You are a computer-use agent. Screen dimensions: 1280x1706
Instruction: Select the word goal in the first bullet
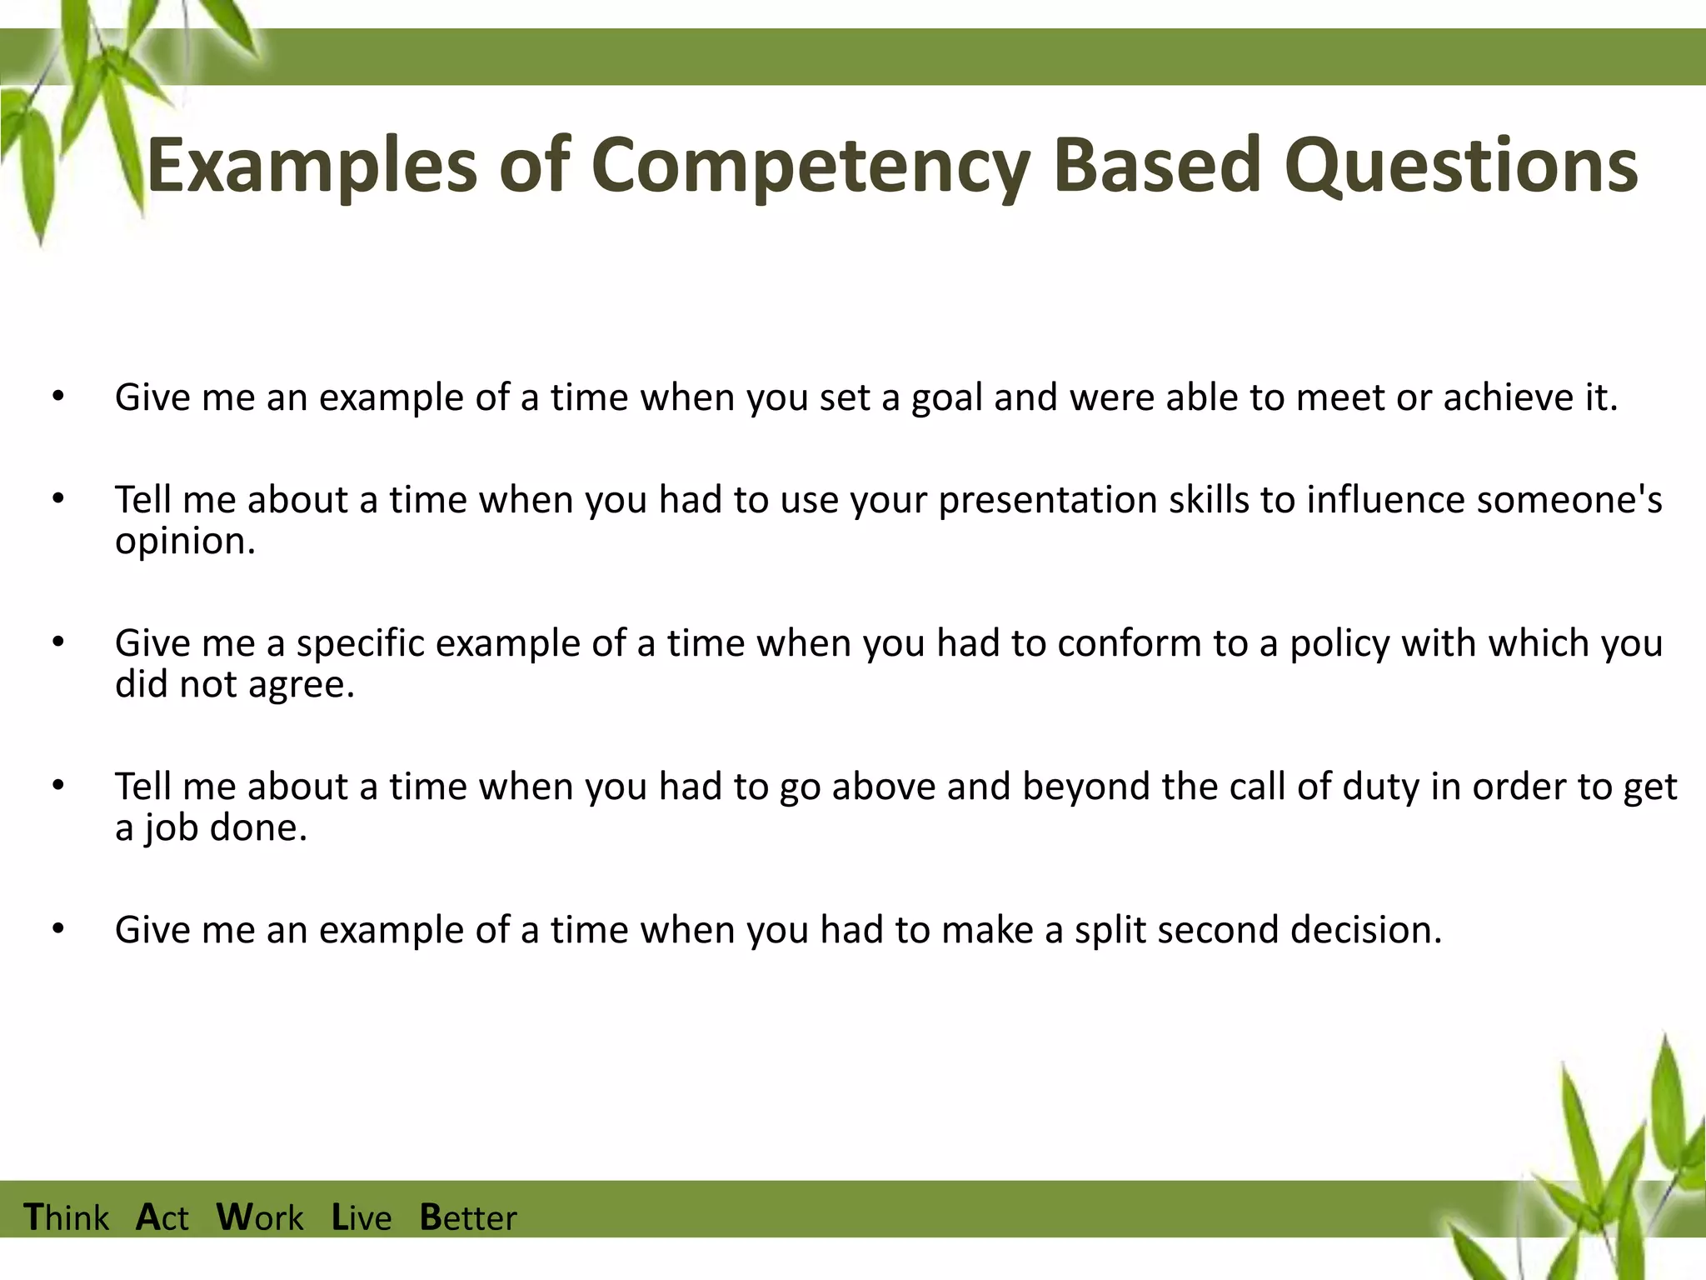(947, 398)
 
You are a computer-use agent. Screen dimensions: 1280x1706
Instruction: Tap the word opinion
(184, 542)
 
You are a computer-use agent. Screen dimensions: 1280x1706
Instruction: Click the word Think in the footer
(67, 1217)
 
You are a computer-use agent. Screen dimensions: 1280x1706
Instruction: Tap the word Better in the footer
(468, 1217)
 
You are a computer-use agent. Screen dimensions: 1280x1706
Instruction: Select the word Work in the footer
(260, 1217)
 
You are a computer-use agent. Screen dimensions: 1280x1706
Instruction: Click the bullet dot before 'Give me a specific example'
(57, 644)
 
